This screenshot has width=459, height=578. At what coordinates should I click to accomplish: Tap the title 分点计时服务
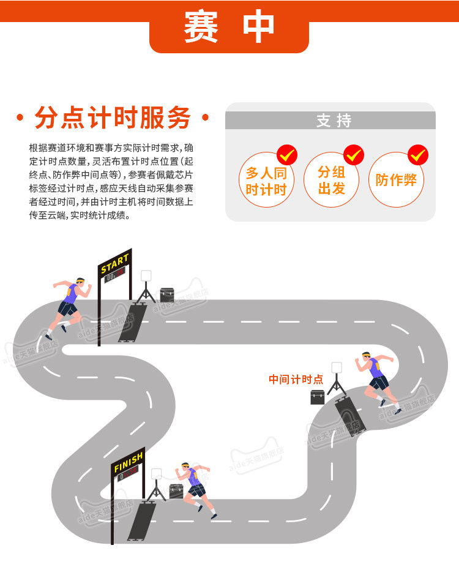click(113, 118)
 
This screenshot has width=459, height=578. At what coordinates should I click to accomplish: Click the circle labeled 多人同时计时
click(266, 180)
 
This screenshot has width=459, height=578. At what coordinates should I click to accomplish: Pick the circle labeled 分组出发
click(331, 180)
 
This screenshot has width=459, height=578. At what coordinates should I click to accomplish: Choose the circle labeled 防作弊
click(396, 180)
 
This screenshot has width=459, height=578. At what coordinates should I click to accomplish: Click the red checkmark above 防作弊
click(419, 155)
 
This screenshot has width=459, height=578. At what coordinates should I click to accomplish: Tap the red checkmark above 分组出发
click(354, 155)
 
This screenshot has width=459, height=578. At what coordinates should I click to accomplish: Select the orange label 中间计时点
click(296, 380)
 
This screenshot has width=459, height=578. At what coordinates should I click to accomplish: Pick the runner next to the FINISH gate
click(197, 487)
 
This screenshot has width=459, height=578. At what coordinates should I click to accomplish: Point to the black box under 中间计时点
click(317, 397)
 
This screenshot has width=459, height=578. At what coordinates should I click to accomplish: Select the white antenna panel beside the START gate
click(146, 276)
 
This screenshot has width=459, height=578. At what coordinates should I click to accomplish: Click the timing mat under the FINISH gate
click(141, 520)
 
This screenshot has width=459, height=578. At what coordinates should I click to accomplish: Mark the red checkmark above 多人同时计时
click(288, 155)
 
